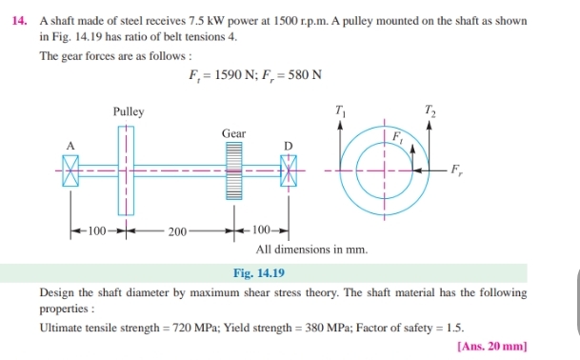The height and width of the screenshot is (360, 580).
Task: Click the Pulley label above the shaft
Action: (x=129, y=111)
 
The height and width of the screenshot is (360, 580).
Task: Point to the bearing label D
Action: (x=288, y=145)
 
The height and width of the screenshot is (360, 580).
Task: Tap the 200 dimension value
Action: (x=177, y=230)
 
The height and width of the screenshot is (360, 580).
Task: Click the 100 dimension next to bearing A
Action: (x=96, y=230)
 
